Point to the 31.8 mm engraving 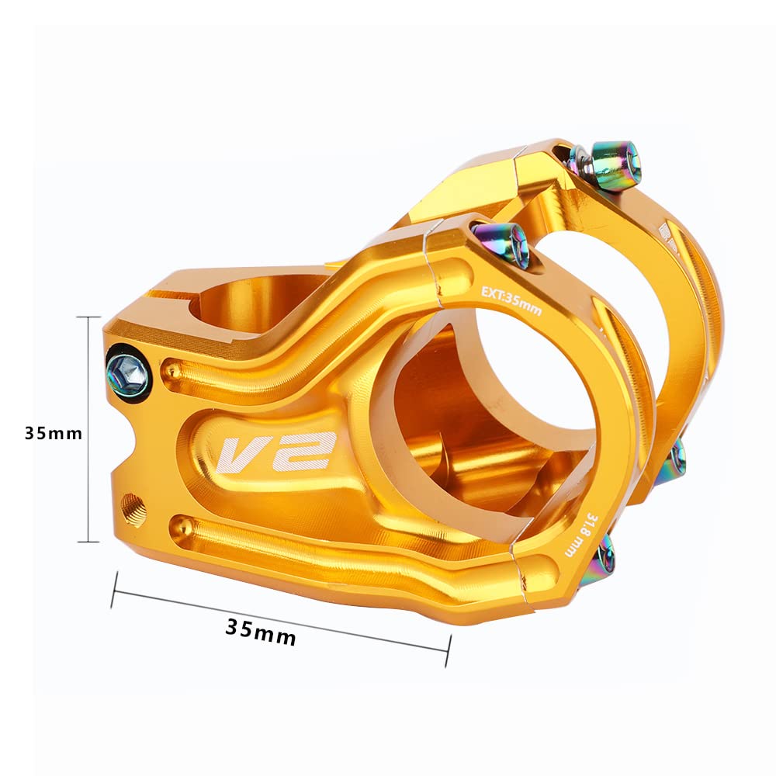click(x=579, y=535)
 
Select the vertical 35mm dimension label click(x=54, y=433)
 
